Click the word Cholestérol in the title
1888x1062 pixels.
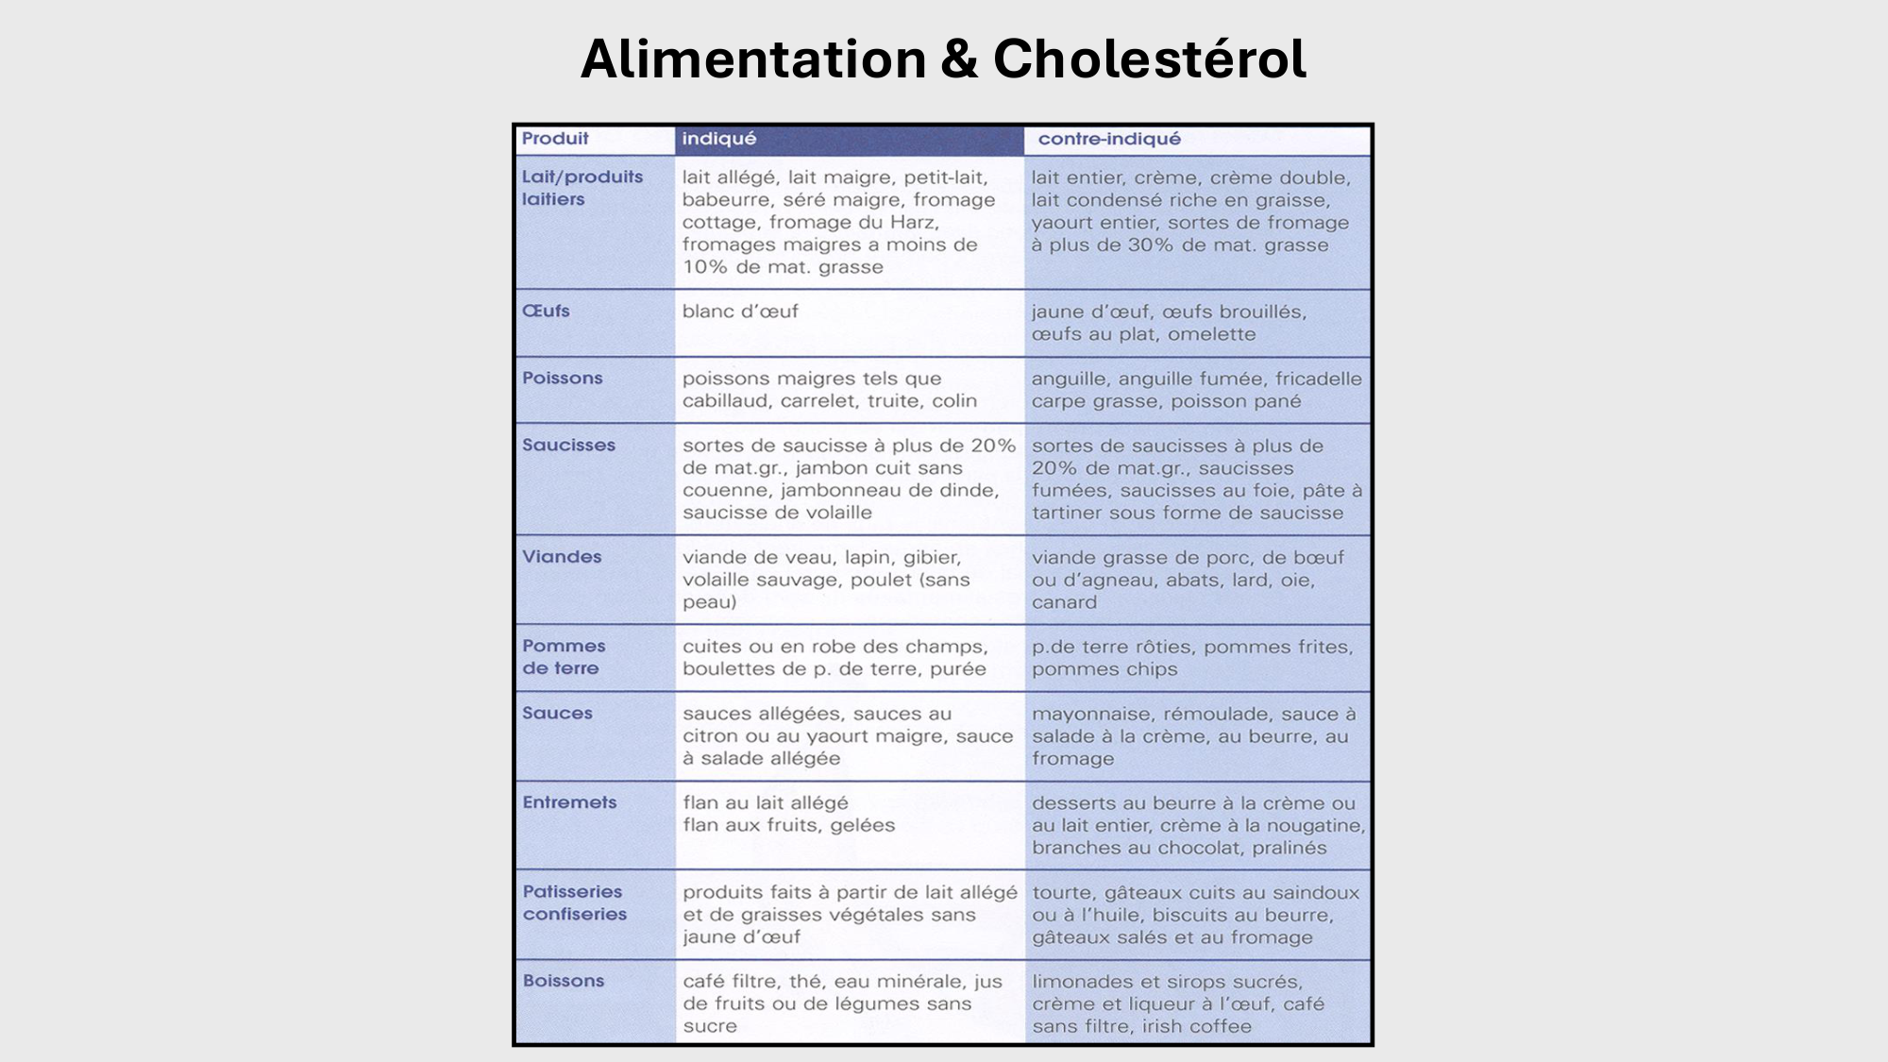click(x=1149, y=59)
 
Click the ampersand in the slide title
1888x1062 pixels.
click(x=959, y=59)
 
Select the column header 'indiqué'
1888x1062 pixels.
click(x=719, y=139)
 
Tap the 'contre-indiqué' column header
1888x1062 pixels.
click(x=1109, y=139)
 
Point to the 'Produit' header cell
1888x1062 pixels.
click(x=555, y=139)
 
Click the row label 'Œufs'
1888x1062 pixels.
click(x=546, y=311)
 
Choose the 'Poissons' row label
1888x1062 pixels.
click(x=562, y=378)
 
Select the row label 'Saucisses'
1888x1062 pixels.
click(x=568, y=445)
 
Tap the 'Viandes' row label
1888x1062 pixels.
click(x=562, y=557)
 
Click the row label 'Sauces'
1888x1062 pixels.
click(x=557, y=713)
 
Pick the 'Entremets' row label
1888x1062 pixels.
click(x=569, y=802)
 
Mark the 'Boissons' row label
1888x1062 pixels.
click(x=564, y=981)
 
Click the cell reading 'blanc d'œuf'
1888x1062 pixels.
click(x=740, y=312)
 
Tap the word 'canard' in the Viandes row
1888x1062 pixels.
click(x=1064, y=602)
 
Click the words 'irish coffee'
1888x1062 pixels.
click(x=1197, y=1026)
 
